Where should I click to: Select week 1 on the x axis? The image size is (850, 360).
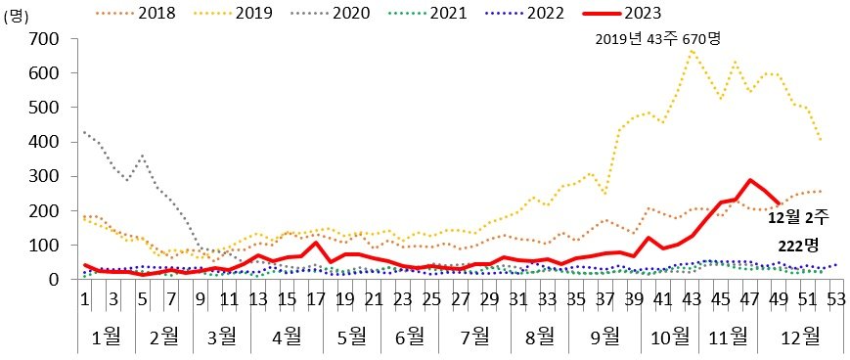(85, 299)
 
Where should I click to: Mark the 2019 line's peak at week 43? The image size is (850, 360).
(691, 50)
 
